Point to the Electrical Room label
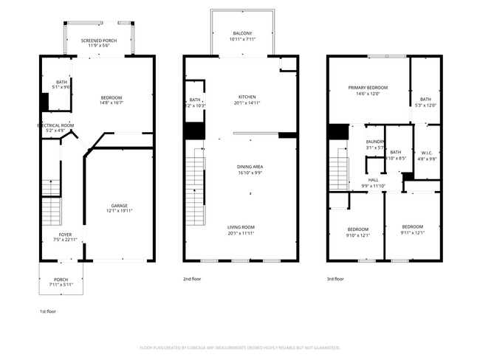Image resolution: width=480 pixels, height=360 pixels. coord(56,125)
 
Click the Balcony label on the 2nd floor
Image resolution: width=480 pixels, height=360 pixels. coord(242,33)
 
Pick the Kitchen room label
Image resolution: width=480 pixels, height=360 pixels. coord(247,97)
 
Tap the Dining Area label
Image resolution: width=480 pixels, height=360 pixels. coord(248,167)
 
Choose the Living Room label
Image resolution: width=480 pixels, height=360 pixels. coord(240,226)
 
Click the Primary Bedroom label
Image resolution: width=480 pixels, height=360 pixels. coord(368,87)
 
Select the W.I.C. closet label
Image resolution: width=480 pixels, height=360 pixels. coord(427,152)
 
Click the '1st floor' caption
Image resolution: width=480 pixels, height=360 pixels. coord(47,311)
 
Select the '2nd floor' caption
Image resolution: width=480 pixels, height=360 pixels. coord(191,279)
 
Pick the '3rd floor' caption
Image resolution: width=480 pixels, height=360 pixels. coord(335,279)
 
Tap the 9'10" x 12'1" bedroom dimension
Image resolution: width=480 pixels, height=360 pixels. coord(357,236)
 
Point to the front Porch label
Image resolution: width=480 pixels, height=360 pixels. coord(61,279)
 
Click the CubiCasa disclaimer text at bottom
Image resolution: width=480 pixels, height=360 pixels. coord(239,347)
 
